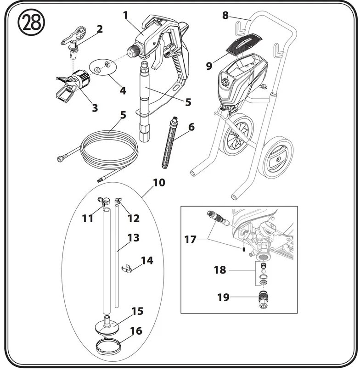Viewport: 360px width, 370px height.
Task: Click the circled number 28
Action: [x=31, y=22]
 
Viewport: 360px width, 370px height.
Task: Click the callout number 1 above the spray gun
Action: [x=125, y=15]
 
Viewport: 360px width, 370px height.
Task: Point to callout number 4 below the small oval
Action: [x=123, y=90]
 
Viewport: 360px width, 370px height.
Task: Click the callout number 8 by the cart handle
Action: [x=225, y=15]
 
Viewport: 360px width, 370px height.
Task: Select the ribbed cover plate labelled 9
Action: [x=244, y=45]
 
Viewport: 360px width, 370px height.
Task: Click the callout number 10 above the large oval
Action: [x=159, y=183]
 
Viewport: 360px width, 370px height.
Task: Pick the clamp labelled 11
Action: [x=104, y=201]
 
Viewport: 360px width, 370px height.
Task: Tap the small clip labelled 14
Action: [x=127, y=269]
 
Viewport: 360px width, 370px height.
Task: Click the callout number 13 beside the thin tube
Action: [x=133, y=238]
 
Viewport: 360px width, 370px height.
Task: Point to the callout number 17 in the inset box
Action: [x=190, y=240]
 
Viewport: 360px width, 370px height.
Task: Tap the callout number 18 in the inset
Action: [x=220, y=270]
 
